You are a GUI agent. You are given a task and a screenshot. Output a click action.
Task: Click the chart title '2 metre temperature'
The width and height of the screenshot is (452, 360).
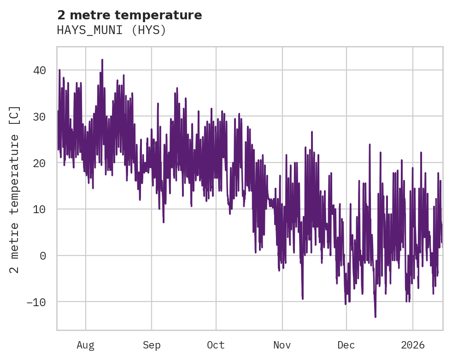(x=129, y=15)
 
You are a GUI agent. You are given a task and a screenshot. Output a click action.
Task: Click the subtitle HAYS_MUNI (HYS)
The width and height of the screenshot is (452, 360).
(x=111, y=30)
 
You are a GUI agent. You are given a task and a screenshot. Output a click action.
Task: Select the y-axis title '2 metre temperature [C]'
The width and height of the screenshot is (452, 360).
(x=15, y=189)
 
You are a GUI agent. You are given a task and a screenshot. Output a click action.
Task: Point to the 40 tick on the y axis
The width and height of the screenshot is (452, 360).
(x=39, y=70)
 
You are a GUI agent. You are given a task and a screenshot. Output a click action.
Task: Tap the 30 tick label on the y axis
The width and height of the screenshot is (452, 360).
(x=39, y=117)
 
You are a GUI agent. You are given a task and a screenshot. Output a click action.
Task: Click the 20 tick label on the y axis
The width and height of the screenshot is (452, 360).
(x=39, y=163)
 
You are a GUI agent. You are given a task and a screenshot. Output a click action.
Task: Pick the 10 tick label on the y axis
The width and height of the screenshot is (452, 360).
(x=39, y=209)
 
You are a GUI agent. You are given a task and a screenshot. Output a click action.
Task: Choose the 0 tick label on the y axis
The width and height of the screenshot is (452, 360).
(x=43, y=255)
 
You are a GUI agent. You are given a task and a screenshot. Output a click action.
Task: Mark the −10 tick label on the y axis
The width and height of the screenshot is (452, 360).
(x=36, y=302)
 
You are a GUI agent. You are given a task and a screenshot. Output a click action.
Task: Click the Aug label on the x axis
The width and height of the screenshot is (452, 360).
(x=86, y=345)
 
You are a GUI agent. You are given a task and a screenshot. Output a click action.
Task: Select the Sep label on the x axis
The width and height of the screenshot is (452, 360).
(x=151, y=345)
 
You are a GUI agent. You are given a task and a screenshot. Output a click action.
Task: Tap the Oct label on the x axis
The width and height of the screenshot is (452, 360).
(x=216, y=345)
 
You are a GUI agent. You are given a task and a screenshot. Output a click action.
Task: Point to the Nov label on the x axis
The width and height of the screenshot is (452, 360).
(x=282, y=345)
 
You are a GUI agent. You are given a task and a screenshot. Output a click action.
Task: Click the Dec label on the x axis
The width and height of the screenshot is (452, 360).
(x=346, y=345)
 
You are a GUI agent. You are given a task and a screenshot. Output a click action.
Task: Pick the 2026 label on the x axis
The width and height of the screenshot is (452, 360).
(x=413, y=345)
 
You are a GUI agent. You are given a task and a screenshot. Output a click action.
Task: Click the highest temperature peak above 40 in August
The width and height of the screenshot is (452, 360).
(x=102, y=60)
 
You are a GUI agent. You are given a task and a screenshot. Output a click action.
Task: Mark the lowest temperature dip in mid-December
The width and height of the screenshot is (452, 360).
(x=375, y=317)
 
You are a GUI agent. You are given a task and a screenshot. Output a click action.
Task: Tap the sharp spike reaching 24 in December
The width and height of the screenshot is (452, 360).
(x=370, y=145)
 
